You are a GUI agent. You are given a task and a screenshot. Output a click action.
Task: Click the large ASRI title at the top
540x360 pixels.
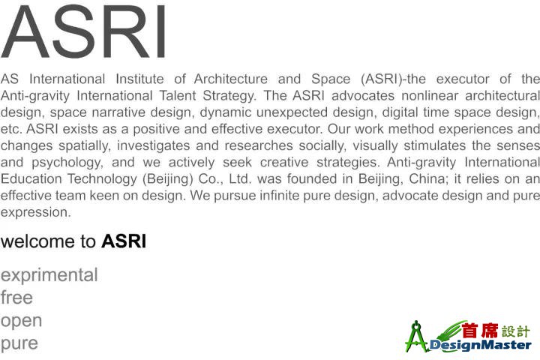click(x=84, y=32)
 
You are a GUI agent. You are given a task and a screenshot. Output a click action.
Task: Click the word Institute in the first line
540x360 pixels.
click(x=139, y=79)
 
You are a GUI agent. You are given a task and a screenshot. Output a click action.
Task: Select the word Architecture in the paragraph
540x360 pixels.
click(x=231, y=79)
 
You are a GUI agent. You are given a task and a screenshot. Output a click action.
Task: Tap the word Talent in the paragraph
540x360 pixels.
click(x=177, y=95)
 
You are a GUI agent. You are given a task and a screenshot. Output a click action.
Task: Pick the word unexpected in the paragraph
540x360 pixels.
click(x=292, y=113)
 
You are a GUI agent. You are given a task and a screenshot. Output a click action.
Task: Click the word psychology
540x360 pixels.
click(x=67, y=163)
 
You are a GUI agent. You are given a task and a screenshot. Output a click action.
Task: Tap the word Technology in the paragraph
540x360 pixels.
click(x=102, y=179)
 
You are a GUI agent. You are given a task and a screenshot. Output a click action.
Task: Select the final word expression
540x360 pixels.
click(x=35, y=212)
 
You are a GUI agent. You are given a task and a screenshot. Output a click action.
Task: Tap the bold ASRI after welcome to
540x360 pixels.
click(x=124, y=241)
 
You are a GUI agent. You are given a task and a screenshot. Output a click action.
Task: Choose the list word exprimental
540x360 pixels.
click(x=49, y=275)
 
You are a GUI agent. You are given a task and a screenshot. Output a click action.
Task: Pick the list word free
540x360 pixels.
click(x=16, y=297)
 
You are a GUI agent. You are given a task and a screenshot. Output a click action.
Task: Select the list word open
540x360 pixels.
click(x=21, y=322)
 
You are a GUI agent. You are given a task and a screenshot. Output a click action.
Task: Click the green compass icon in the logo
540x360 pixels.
click(x=417, y=337)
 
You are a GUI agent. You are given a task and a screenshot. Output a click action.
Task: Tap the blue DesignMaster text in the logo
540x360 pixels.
click(x=481, y=345)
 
